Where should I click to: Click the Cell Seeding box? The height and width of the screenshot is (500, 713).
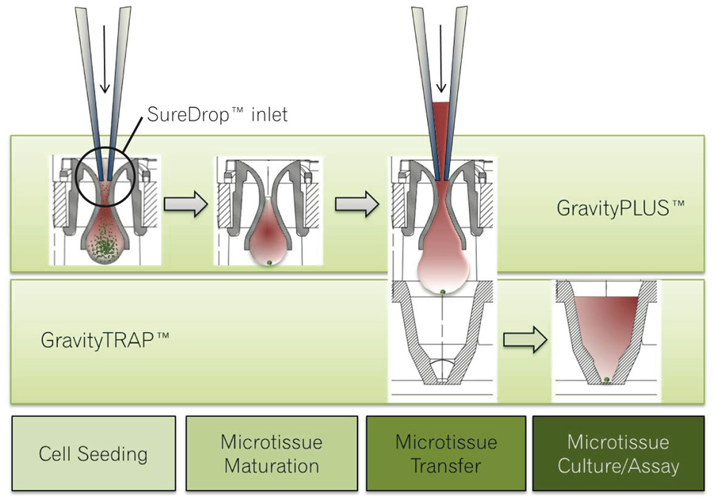coord(93,453)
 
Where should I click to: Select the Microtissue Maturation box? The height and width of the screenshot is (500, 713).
coord(271,453)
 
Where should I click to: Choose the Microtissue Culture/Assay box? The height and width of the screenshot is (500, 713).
coord(618,453)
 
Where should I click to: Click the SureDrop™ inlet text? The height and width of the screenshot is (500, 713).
coord(217,116)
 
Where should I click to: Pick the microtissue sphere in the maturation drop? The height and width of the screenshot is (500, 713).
coord(270,262)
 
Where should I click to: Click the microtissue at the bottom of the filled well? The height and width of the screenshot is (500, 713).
coord(606,380)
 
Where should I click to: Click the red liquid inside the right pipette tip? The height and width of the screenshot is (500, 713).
coord(441,127)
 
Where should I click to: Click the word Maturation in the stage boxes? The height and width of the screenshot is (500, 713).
coord(272,465)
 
